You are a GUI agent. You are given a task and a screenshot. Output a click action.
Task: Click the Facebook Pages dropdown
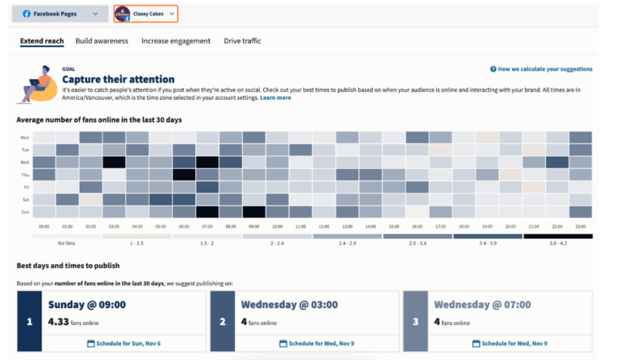(61, 14)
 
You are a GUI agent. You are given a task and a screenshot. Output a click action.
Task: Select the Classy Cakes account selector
(145, 14)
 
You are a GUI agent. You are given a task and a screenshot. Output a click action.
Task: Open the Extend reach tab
(42, 41)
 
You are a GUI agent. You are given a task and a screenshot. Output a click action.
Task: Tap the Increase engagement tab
(175, 41)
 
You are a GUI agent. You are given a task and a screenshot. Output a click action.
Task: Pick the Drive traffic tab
(242, 41)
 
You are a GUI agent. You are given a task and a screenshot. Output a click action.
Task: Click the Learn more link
(275, 98)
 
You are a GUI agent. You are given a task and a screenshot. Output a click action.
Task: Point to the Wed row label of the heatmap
(24, 163)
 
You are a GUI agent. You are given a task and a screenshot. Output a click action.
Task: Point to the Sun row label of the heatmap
(24, 211)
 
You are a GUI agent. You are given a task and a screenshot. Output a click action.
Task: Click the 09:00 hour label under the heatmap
(254, 227)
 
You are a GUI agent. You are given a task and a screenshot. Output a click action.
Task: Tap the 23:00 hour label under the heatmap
(581, 227)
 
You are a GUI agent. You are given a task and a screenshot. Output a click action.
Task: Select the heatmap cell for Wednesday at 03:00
(114, 163)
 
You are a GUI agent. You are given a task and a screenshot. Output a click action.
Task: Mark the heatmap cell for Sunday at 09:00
(254, 211)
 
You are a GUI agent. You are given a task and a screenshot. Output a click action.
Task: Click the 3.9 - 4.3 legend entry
(557, 243)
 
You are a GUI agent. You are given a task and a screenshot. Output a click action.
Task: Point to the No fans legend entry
(67, 243)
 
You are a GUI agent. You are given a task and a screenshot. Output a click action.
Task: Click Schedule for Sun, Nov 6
(123, 344)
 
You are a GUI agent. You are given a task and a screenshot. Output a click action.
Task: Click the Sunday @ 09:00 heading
(86, 305)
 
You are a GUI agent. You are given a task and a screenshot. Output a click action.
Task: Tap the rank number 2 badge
(221, 322)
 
